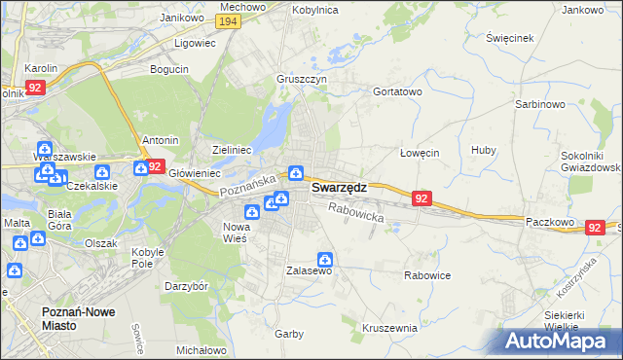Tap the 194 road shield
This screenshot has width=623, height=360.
[229, 21]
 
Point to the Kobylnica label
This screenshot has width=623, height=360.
[314, 9]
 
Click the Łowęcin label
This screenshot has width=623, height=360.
[421, 154]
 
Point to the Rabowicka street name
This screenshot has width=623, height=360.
[356, 212]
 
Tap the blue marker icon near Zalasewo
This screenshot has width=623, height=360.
[325, 260]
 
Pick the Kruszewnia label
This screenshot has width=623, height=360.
[389, 328]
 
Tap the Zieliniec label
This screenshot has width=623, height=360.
[233, 150]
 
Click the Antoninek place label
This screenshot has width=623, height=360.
[161, 140]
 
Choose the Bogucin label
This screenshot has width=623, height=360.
[169, 70]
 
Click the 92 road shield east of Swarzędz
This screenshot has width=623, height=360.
[421, 198]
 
